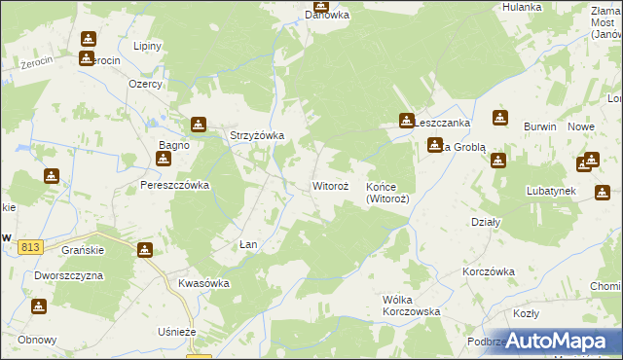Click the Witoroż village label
(330, 184)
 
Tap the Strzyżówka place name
(256, 135)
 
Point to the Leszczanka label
(443, 124)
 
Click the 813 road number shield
(28, 248)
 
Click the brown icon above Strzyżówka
(199, 125)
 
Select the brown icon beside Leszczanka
(405, 121)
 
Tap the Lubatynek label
(552, 191)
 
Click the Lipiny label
(148, 46)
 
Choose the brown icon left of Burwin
(499, 119)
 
